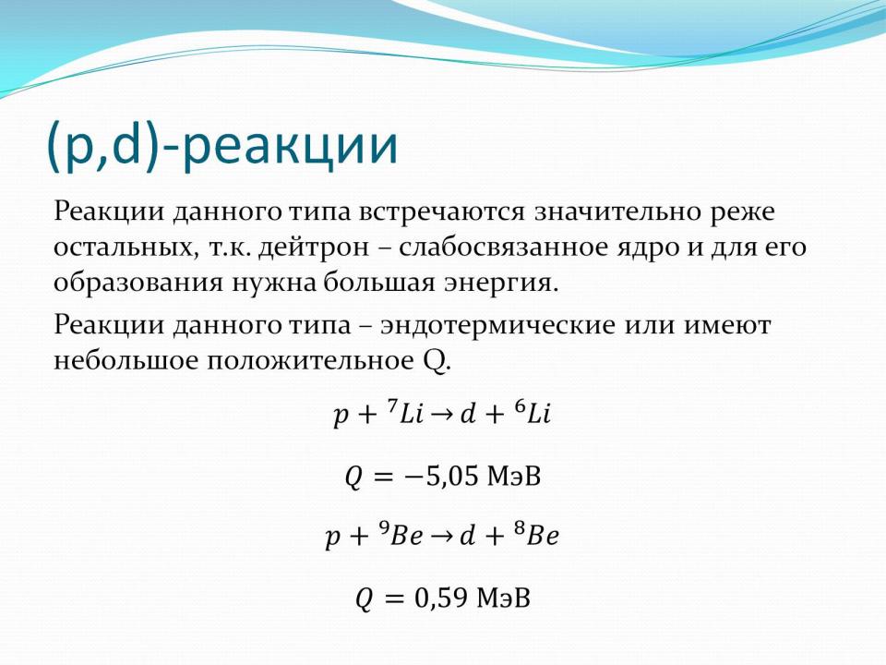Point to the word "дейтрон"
tap(314, 248)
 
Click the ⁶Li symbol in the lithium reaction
tap(532, 412)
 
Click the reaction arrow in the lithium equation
tap(442, 416)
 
